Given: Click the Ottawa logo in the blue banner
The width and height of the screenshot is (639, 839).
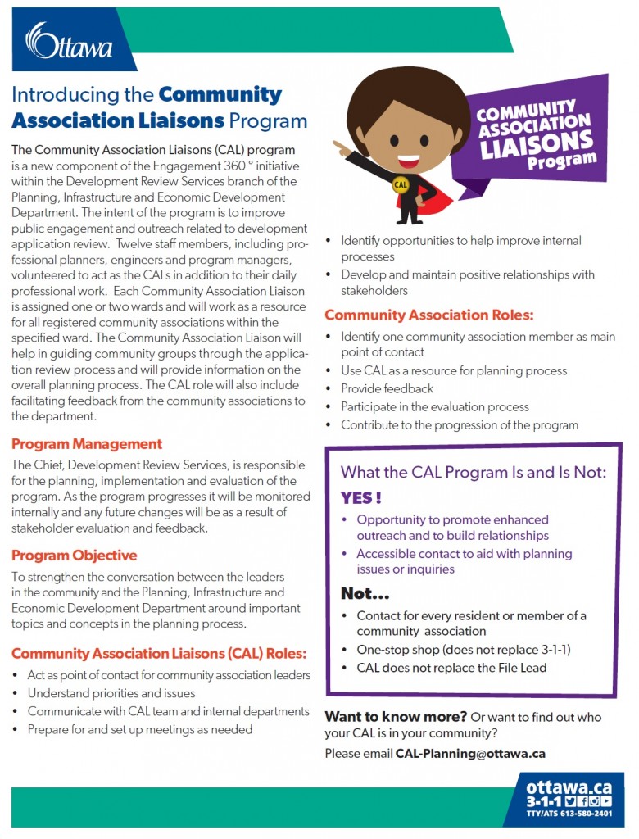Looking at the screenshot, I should click(x=69, y=42).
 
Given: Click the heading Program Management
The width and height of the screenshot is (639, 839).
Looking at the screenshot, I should click(x=87, y=444).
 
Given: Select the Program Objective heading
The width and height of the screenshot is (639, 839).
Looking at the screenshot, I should click(x=74, y=556).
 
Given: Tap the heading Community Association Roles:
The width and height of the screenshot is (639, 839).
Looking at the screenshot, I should click(x=429, y=315).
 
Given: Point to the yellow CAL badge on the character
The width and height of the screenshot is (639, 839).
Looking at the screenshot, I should click(x=401, y=184).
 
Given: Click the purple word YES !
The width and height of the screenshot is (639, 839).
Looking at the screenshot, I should click(x=361, y=497).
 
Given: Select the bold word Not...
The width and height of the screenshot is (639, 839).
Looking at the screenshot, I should click(x=364, y=593).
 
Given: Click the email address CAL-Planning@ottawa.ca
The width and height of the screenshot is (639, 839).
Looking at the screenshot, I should click(x=470, y=753).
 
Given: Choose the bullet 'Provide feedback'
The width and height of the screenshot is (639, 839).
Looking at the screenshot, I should click(x=387, y=388).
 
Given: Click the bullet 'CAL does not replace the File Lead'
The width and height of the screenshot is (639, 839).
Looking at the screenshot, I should click(x=451, y=667).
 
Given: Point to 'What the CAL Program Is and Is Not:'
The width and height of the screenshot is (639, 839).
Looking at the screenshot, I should click(x=474, y=472).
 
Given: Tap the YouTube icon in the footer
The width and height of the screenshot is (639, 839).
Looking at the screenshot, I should click(x=606, y=800).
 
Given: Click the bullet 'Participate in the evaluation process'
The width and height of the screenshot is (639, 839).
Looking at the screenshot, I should click(x=435, y=406).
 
